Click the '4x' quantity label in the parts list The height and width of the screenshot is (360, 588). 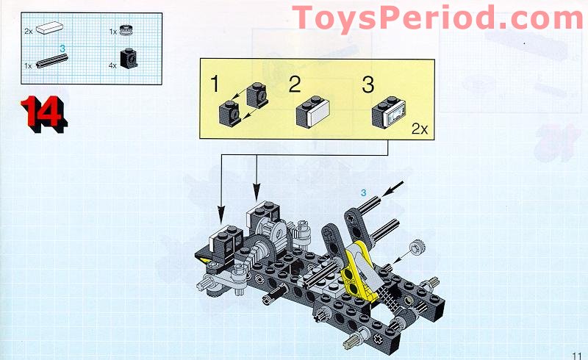click(x=113, y=65)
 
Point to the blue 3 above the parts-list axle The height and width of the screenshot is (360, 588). click(x=62, y=49)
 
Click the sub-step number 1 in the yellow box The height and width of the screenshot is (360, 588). click(x=214, y=84)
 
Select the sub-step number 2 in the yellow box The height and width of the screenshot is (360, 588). click(x=294, y=84)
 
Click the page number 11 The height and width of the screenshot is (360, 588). click(x=576, y=352)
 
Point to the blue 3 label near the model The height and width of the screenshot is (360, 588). click(x=362, y=192)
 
